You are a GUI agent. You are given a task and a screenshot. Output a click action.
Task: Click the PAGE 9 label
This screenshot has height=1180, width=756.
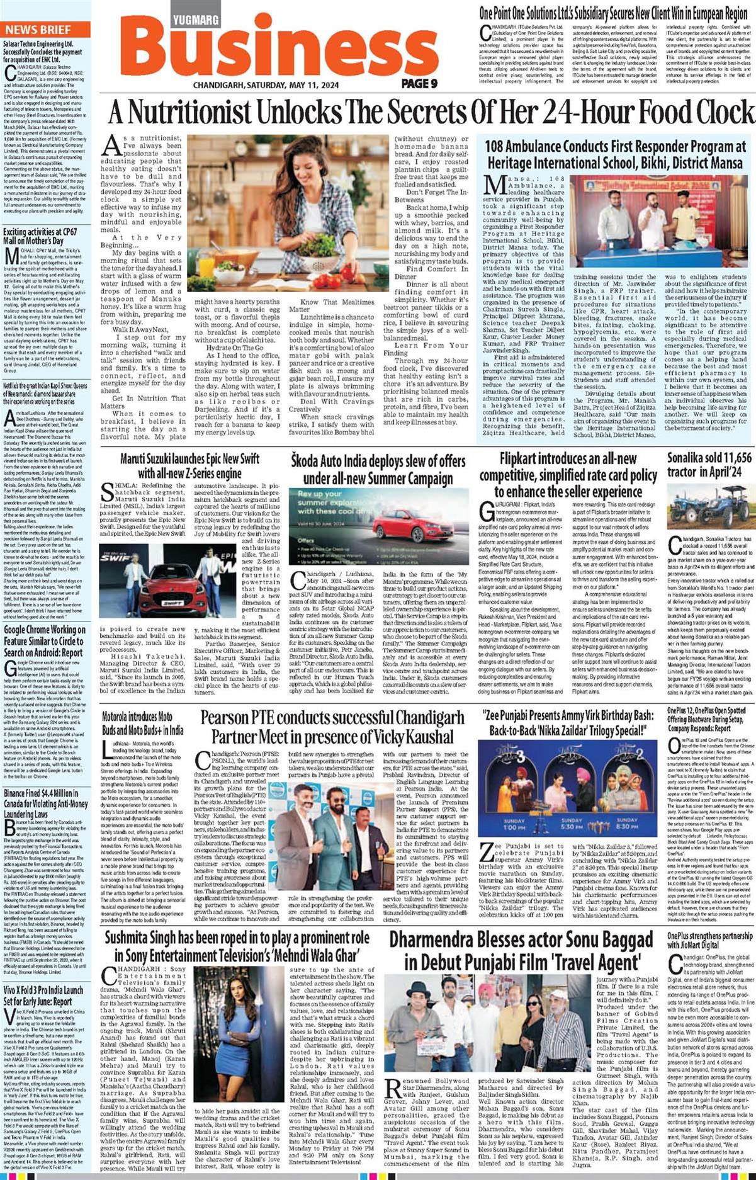tap(419, 83)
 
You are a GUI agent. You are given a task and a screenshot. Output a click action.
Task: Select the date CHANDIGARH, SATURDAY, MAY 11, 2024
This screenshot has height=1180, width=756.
tap(266, 85)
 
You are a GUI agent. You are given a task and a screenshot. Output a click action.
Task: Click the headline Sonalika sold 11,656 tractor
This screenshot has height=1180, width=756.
tap(709, 465)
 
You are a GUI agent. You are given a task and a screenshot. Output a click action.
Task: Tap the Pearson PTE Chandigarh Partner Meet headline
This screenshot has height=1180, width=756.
tap(332, 727)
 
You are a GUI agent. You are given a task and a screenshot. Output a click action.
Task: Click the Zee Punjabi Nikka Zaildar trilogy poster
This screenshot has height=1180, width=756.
tap(569, 787)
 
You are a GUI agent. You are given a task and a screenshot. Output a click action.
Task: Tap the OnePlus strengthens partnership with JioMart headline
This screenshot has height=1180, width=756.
tap(710, 940)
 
